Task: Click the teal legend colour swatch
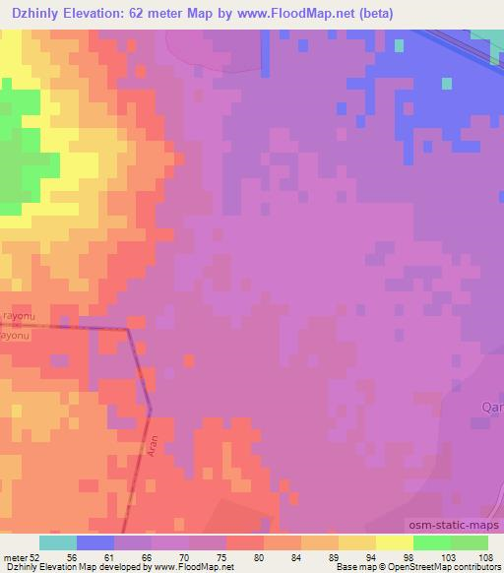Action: click(57, 542)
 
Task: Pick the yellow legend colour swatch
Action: click(394, 542)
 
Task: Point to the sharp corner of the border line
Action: click(128, 330)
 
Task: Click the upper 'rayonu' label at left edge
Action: click(18, 315)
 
